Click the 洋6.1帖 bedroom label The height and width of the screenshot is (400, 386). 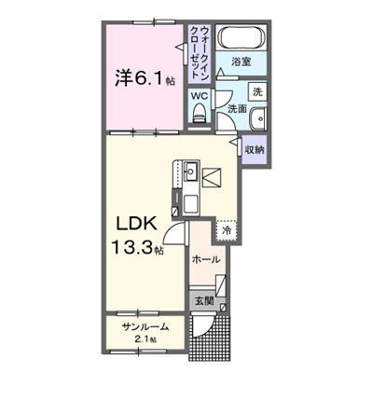click(x=145, y=77)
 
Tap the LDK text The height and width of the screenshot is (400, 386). click(x=136, y=224)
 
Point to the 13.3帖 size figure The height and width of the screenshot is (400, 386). click(x=137, y=248)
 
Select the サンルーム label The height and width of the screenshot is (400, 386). click(x=145, y=327)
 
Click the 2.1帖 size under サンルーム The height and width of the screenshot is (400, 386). click(x=145, y=339)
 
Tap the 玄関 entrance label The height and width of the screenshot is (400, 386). click(x=204, y=301)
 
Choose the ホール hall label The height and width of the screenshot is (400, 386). click(x=206, y=259)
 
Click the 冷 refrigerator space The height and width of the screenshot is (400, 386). click(x=227, y=230)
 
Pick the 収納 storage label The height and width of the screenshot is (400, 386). click(x=255, y=150)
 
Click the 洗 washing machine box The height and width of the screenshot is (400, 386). click(x=257, y=91)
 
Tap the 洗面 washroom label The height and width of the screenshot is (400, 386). click(x=237, y=109)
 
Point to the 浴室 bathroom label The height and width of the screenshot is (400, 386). click(x=241, y=62)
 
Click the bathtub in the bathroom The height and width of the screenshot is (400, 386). click(x=242, y=37)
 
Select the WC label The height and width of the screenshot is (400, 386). click(x=200, y=96)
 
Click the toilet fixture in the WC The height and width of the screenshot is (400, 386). click(x=200, y=114)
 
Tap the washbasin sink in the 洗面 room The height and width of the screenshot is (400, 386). click(x=258, y=118)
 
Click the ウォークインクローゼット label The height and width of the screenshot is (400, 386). click(x=200, y=52)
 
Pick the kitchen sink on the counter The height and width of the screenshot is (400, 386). click(x=191, y=172)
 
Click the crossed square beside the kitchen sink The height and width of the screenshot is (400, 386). click(x=212, y=177)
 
